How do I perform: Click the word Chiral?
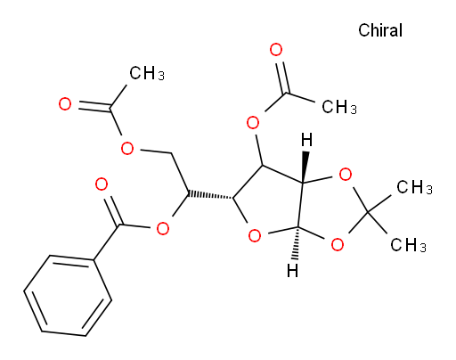(x=380, y=30)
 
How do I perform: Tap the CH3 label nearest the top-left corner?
(x=147, y=73)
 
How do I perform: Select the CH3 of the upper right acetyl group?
(x=339, y=107)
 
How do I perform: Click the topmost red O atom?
(x=276, y=50)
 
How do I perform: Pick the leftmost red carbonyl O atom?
(x=65, y=104)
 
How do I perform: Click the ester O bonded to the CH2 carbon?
(x=127, y=148)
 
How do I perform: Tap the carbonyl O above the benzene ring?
(x=102, y=184)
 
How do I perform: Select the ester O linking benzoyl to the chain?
(x=163, y=229)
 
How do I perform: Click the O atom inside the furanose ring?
(x=255, y=236)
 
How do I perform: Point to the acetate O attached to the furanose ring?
(x=253, y=123)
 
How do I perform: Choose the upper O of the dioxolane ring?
(x=346, y=175)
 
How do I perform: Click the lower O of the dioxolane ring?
(x=338, y=245)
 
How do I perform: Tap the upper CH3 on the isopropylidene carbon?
(x=415, y=187)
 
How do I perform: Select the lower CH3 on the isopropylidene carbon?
(x=409, y=245)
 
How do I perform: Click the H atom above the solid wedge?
(x=306, y=140)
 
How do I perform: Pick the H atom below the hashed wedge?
(x=293, y=271)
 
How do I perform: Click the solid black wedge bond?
(x=305, y=168)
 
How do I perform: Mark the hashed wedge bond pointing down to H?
(x=296, y=244)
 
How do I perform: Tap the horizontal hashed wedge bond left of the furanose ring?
(x=210, y=196)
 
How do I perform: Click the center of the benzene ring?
(x=68, y=296)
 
